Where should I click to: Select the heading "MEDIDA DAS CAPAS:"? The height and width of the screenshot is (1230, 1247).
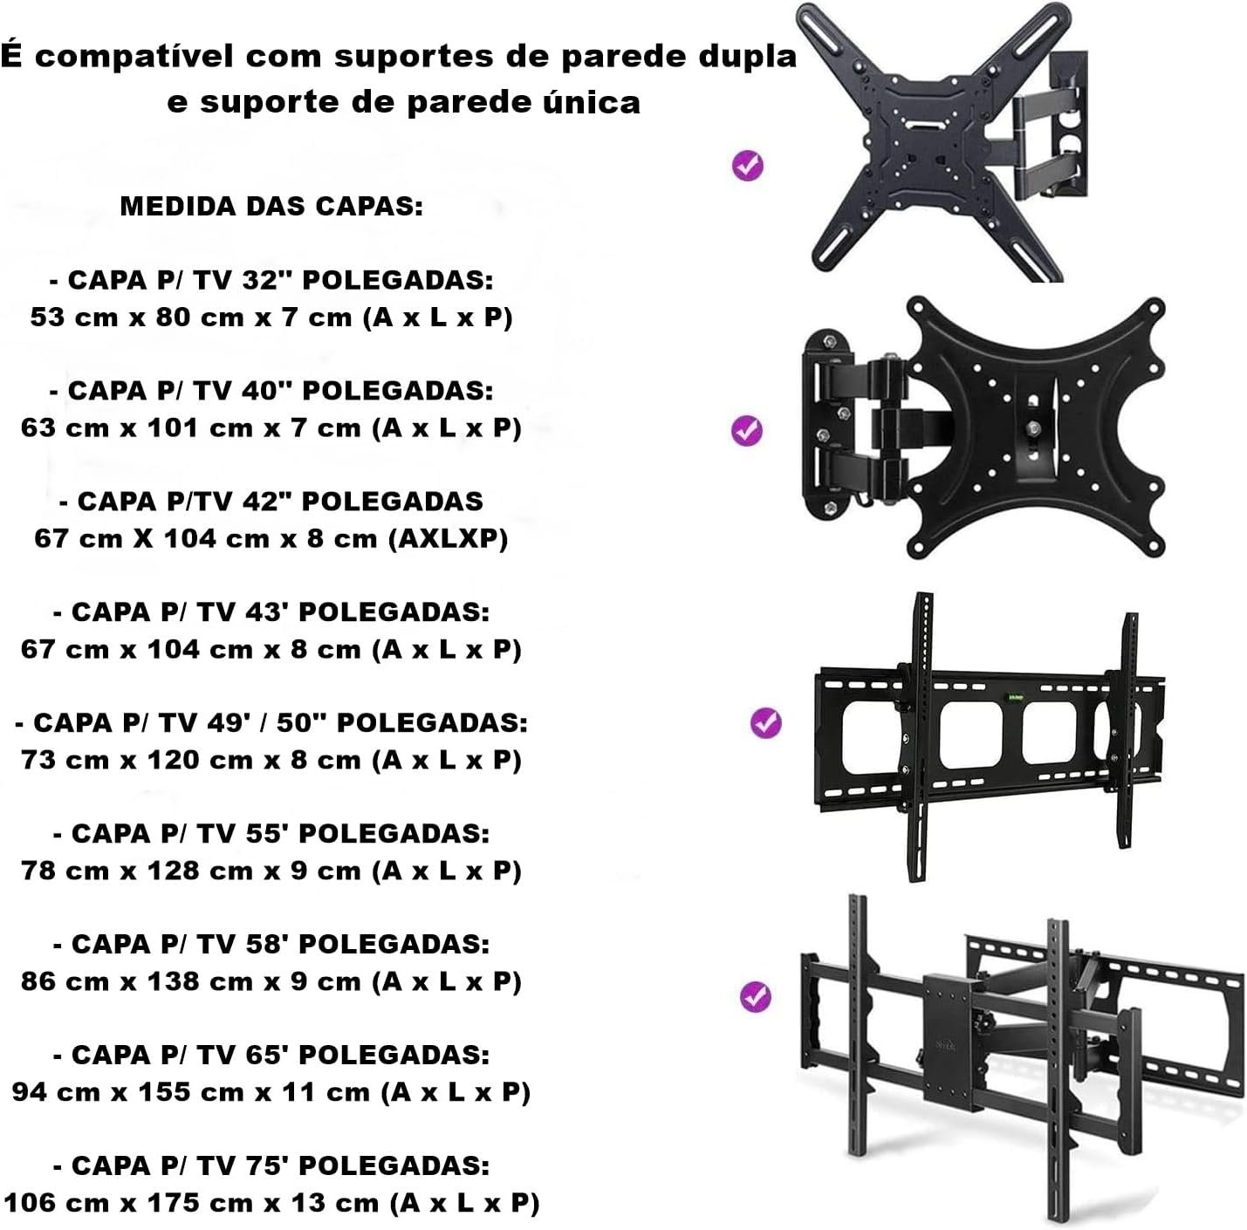(271, 207)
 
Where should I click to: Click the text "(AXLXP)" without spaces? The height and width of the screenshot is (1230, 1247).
(448, 538)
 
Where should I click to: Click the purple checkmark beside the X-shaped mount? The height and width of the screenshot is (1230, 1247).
(748, 166)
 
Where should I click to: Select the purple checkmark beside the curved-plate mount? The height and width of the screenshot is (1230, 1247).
(748, 430)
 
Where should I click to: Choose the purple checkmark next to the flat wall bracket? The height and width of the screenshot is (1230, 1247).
(766, 722)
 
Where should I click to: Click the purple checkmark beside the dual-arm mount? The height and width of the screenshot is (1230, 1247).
(756, 996)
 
